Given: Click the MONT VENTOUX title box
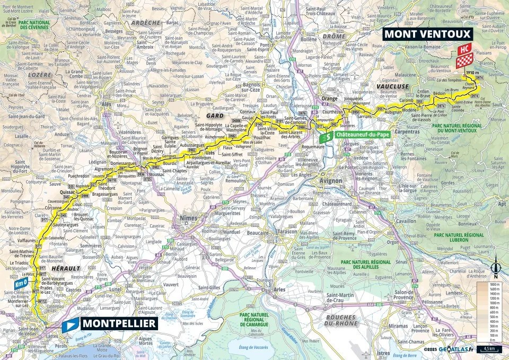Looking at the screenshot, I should click(x=427, y=34).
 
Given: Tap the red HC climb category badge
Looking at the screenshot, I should click(x=464, y=50).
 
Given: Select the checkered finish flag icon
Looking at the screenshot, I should click(x=464, y=62).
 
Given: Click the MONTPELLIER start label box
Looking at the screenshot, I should click(x=118, y=323).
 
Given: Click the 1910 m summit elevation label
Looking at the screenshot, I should click(x=473, y=73).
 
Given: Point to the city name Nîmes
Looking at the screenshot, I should click(x=189, y=218).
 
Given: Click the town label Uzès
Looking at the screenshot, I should click(x=210, y=153).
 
